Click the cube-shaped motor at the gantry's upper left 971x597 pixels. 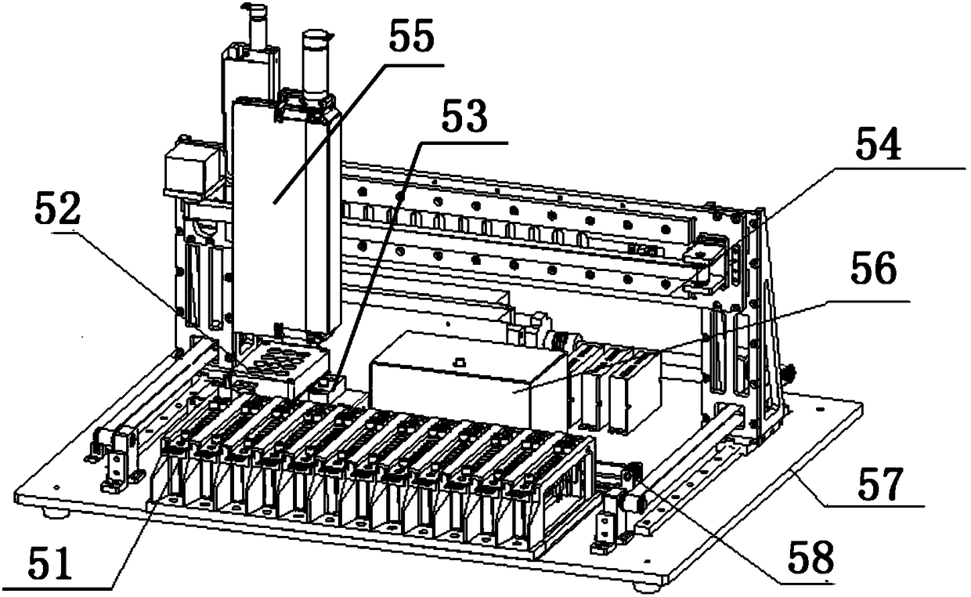coord(186,168)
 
